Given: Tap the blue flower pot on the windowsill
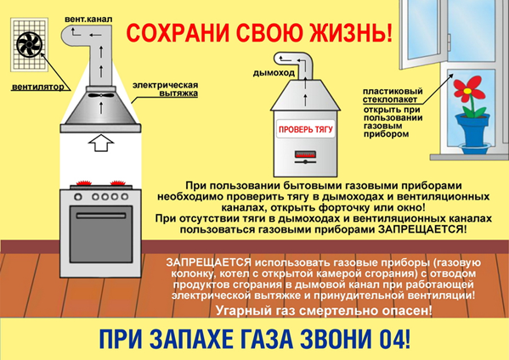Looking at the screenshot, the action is [x=472, y=131].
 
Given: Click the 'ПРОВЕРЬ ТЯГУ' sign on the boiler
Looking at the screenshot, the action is [x=305, y=129].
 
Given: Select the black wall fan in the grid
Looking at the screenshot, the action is [x=29, y=45].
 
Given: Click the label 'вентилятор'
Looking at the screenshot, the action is [x=38, y=87].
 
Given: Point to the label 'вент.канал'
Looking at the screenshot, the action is [x=88, y=20].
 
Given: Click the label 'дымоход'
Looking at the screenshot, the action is [x=274, y=73].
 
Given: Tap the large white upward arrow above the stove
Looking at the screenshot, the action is [x=101, y=143].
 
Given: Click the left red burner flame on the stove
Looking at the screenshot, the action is [x=84, y=183].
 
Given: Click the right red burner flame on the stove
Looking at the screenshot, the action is [x=118, y=183].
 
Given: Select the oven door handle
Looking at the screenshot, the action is [x=101, y=216].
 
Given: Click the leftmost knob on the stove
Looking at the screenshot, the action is [x=78, y=196].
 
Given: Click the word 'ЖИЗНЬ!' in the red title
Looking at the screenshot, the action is [x=351, y=33].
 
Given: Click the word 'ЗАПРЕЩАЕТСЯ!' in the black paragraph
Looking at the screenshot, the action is [x=423, y=229].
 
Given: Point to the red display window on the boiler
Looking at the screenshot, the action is [x=305, y=154].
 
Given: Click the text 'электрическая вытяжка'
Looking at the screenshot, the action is [x=166, y=89].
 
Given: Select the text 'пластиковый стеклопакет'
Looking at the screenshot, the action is [x=393, y=95].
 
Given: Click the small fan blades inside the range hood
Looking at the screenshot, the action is [x=101, y=95].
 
